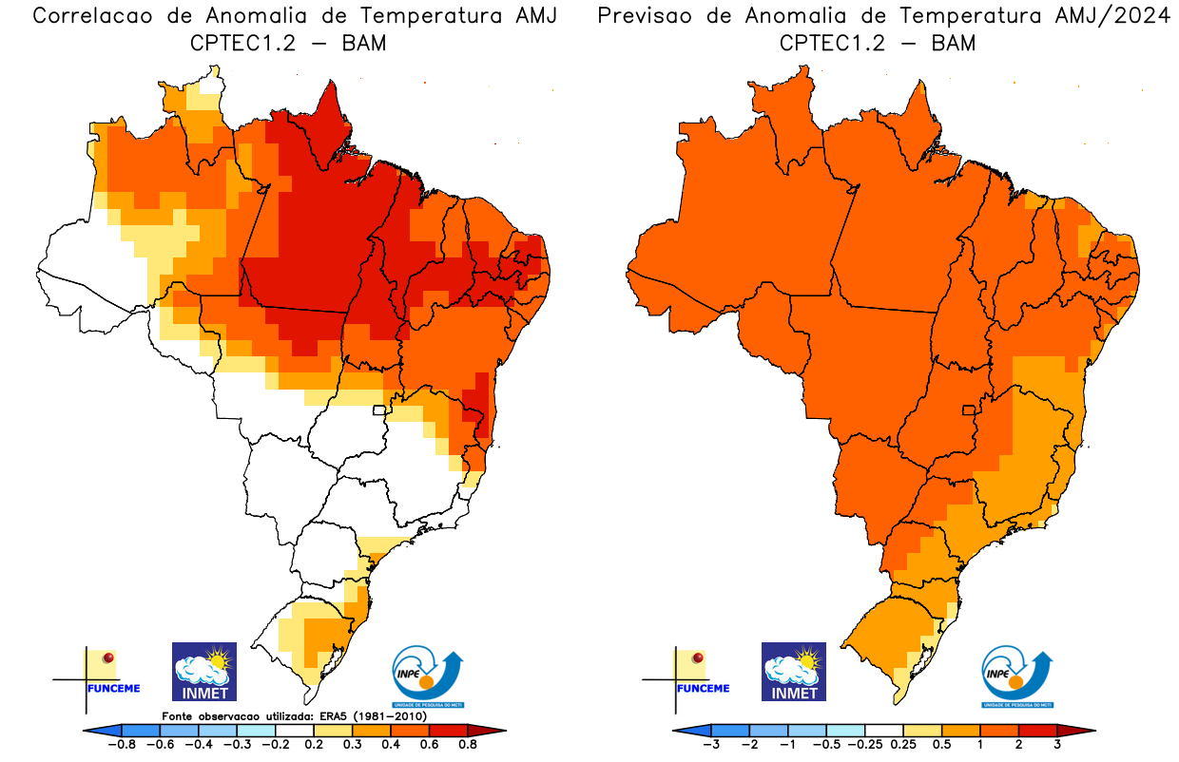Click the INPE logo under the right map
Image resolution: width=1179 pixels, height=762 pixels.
1016,676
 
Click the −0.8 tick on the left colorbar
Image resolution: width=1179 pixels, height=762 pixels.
122,745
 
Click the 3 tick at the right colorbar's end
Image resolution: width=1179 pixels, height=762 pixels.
1057,745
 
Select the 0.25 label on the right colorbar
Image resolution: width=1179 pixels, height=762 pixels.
903,745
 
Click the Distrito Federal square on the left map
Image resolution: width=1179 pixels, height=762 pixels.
379,410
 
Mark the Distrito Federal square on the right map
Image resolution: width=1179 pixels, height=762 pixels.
970,410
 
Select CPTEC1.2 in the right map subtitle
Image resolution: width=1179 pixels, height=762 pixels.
833,43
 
